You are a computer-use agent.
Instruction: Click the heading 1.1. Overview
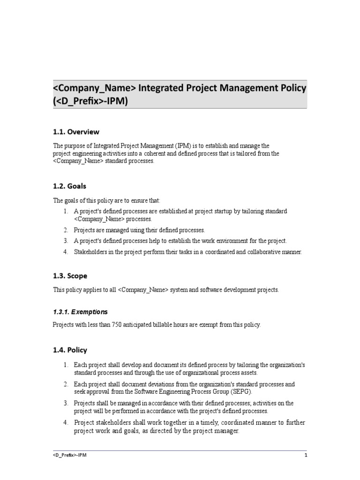76,132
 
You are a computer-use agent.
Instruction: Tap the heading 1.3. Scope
70,276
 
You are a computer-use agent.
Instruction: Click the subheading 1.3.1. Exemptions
80,312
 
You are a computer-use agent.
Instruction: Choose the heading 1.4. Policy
70,350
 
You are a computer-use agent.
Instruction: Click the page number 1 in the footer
306,455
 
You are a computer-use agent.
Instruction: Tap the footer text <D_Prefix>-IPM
69,455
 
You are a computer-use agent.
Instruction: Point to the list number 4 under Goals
66,252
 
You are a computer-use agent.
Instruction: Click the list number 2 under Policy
66,384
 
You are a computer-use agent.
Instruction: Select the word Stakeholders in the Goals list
91,252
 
